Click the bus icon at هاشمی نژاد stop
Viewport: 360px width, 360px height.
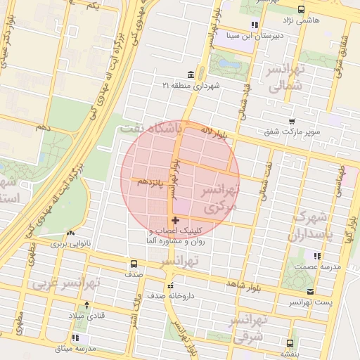point(301,9)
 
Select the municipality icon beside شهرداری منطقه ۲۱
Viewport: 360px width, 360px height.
point(191,75)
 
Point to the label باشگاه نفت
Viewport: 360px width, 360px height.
point(150,129)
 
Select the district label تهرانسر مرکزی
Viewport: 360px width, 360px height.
point(220,199)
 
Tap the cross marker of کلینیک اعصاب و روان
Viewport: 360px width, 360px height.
point(175,220)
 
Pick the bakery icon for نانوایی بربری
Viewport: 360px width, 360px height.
point(70,233)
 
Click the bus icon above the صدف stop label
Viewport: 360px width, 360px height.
point(133,264)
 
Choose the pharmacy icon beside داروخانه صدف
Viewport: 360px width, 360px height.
point(170,285)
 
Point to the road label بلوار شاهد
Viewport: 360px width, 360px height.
point(243,283)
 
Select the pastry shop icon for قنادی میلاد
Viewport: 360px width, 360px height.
point(86,305)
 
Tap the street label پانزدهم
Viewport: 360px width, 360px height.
point(152,183)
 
